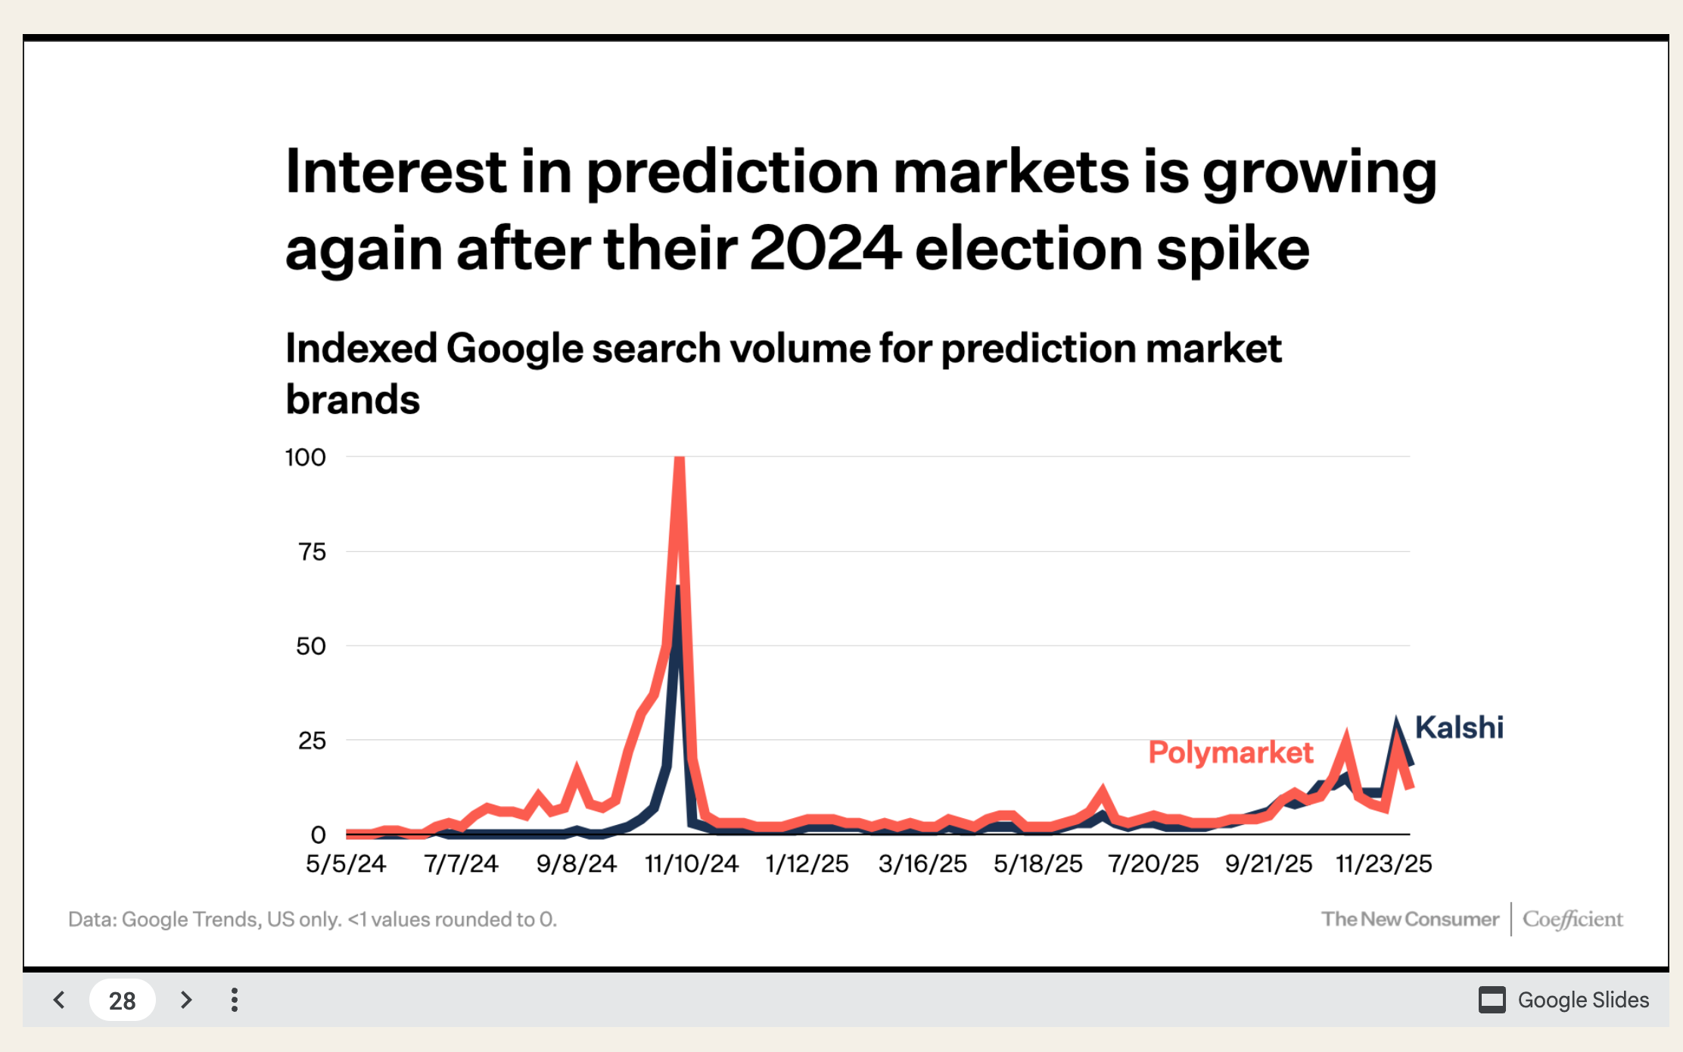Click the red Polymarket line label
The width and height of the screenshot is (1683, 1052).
pos(1230,752)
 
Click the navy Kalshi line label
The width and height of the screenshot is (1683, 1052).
pos(1458,727)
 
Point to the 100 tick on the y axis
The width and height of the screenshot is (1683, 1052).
pos(305,457)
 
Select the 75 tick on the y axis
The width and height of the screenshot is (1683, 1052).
pos(312,552)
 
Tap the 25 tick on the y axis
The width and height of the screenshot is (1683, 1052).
pos(312,740)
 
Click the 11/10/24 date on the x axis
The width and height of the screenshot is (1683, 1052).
pos(691,864)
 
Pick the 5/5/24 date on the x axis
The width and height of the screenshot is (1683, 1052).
pos(346,864)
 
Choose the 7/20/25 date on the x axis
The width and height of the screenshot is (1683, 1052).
pos(1153,864)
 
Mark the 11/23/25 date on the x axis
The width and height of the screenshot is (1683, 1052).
pos(1383,864)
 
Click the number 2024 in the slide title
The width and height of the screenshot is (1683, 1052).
pos(825,248)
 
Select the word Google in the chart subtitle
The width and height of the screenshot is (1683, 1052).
pos(514,348)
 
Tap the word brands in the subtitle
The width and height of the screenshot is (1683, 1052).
pos(353,399)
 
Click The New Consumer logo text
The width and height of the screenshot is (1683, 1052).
pos(1410,919)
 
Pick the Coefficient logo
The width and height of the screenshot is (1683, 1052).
pos(1573,919)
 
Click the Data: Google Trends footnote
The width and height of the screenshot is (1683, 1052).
pos(312,919)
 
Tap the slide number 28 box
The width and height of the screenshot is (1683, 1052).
pos(122,1001)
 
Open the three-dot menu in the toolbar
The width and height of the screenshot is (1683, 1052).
pos(235,1000)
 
